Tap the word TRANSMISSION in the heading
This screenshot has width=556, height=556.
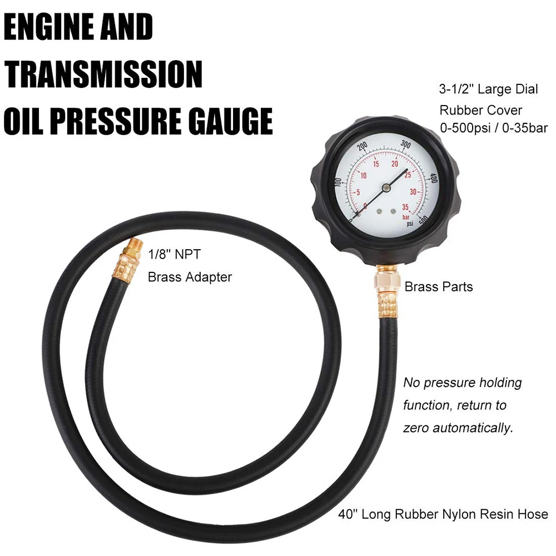pyautogui.click(x=103, y=74)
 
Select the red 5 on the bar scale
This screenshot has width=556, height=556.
pyautogui.click(x=358, y=192)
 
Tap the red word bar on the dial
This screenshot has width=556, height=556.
pyautogui.click(x=406, y=217)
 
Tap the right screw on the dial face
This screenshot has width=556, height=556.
pyautogui.click(x=393, y=211)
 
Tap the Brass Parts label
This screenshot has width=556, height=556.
pyautogui.click(x=439, y=287)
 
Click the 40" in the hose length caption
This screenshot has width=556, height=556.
pyautogui.click(x=348, y=514)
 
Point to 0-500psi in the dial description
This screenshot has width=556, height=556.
pyautogui.click(x=469, y=128)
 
